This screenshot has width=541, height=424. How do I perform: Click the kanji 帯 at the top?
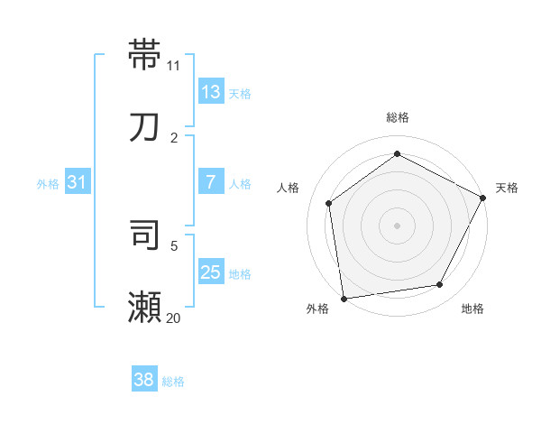tap(145, 53)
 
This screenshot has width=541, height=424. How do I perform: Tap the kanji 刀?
tap(145, 126)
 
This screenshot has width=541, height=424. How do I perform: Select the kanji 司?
tap(145, 235)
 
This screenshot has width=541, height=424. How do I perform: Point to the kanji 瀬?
tap(145, 307)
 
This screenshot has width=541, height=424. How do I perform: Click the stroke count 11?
tap(174, 65)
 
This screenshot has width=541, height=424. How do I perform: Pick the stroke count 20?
tap(174, 318)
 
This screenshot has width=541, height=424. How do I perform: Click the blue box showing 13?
tap(210, 91)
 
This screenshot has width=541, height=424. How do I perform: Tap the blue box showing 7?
tap(210, 181)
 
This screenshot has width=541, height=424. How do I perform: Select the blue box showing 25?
tap(210, 272)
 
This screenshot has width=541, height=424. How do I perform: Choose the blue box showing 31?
tap(78, 182)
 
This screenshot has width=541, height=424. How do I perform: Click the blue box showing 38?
tap(144, 380)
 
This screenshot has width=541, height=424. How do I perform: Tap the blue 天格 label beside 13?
tap(240, 93)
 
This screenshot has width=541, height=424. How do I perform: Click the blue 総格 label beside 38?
tap(173, 382)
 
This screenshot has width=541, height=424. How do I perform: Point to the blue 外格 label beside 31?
tap(48, 184)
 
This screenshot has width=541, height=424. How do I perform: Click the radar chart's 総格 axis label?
tap(398, 117)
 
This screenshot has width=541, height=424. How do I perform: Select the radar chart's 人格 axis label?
tap(289, 188)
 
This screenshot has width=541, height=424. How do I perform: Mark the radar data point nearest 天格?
tap(483, 198)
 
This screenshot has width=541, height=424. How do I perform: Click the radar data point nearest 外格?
tap(344, 298)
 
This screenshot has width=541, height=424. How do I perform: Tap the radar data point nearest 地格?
tap(440, 284)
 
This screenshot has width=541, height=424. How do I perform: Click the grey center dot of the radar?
tap(397, 225)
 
